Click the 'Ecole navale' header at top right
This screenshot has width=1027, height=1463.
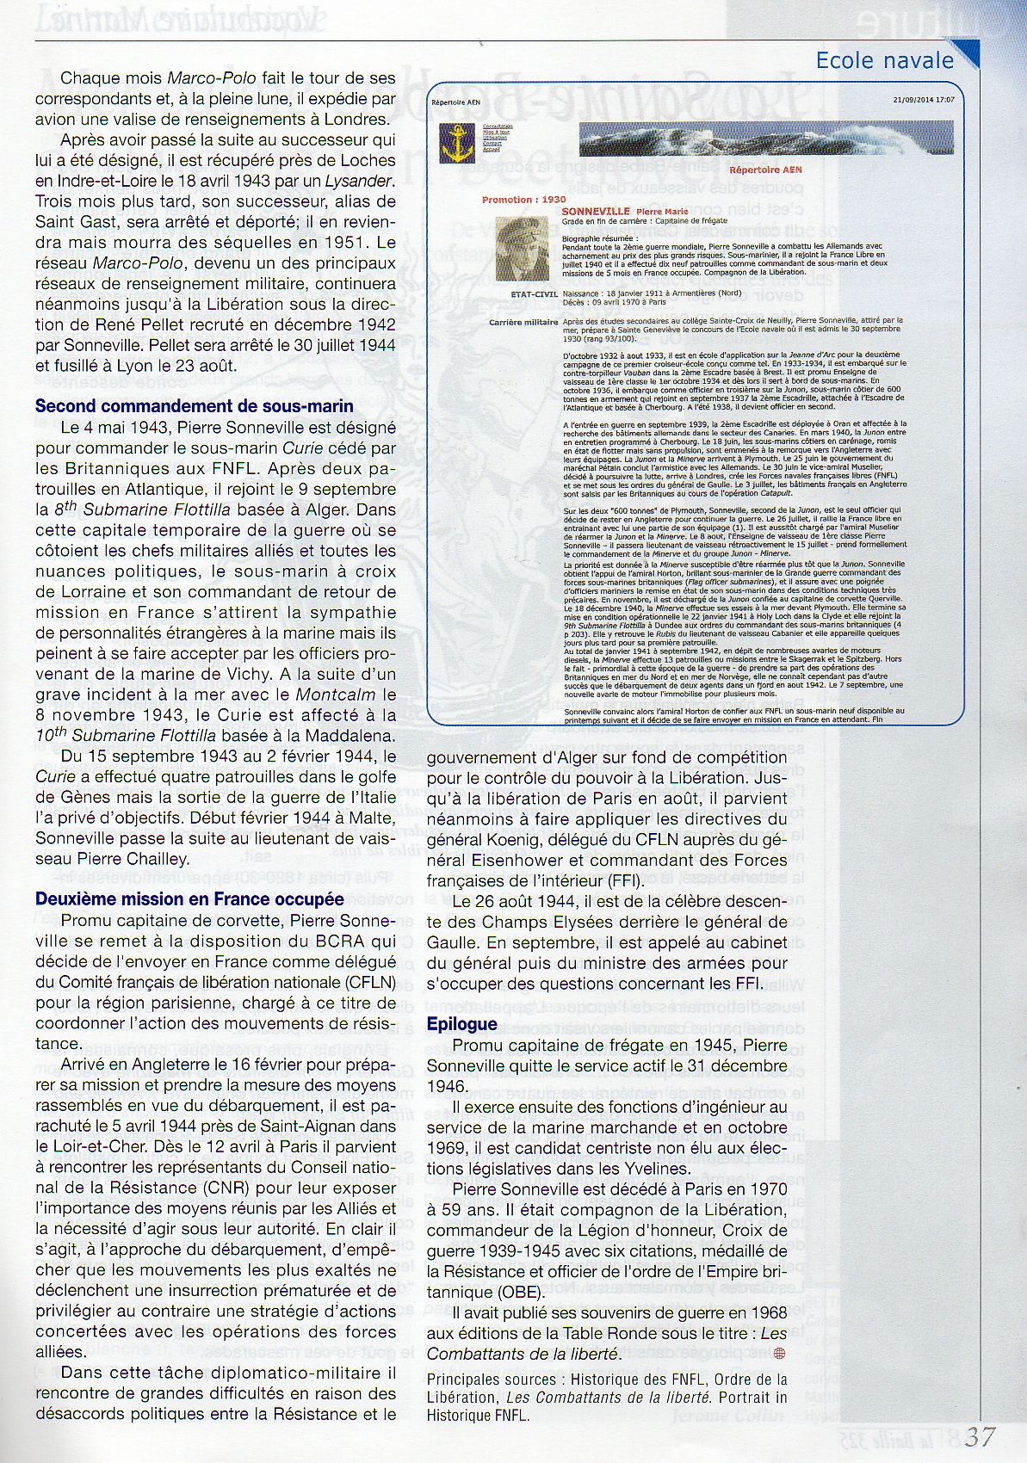884,60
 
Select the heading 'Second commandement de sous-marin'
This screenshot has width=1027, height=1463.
194,406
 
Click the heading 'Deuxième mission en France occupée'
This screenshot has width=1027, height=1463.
189,899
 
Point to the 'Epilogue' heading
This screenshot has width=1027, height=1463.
461,1024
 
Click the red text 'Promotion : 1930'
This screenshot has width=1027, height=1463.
523,200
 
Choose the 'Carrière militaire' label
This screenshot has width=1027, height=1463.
523,321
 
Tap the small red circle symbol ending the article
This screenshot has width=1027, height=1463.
781,1354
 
